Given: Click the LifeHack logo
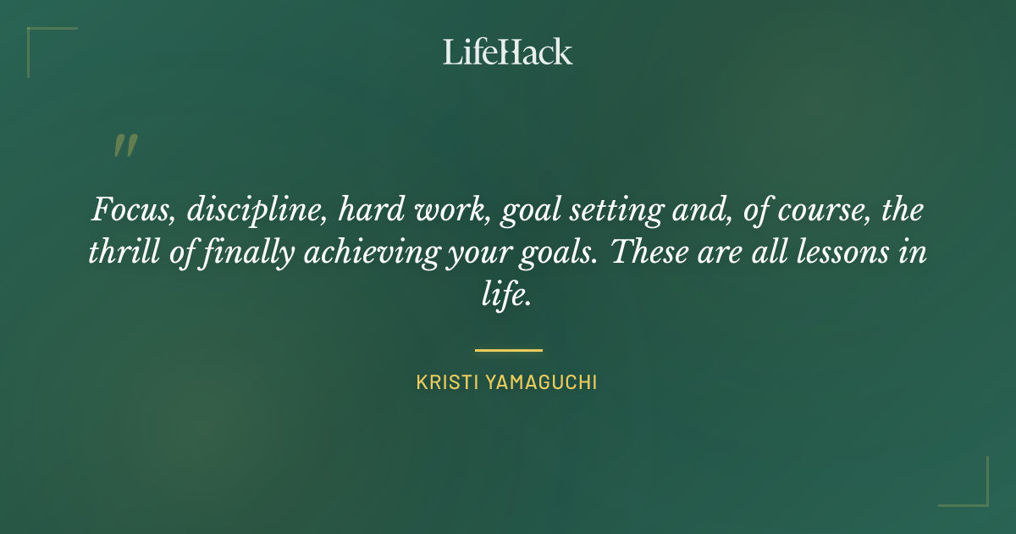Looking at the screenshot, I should [x=508, y=52].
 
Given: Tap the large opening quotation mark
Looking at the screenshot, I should [x=124, y=146].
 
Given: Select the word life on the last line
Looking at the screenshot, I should [x=505, y=297].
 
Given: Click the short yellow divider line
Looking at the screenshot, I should [x=508, y=349].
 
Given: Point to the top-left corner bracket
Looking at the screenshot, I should [x=42, y=42].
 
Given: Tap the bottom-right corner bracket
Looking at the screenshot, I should [x=974, y=492].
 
